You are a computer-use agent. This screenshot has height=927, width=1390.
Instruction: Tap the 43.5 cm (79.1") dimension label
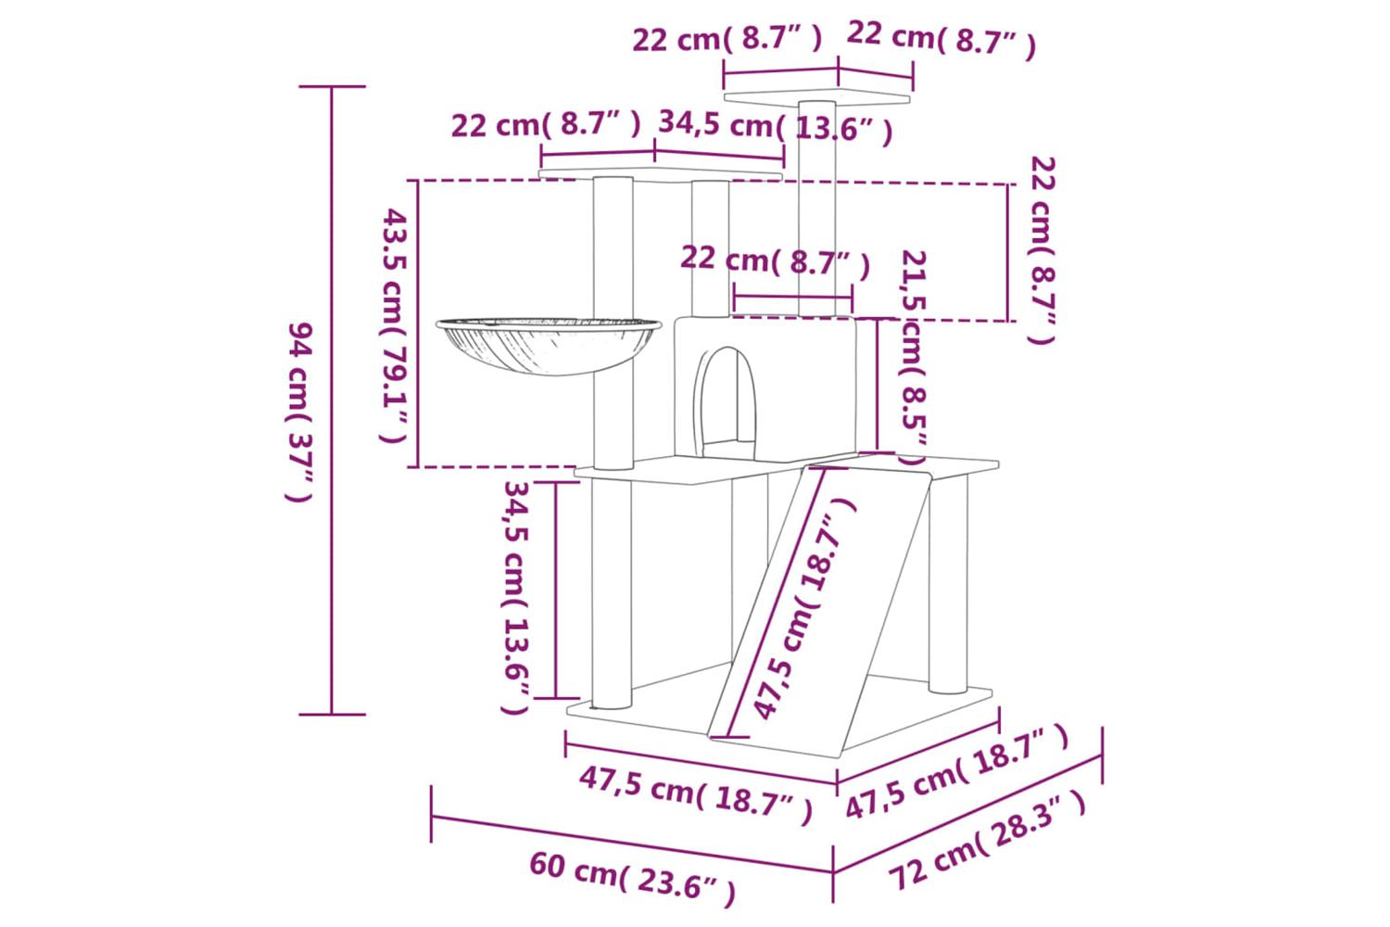point(394,326)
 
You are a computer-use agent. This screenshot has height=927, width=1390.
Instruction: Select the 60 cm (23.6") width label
point(632,879)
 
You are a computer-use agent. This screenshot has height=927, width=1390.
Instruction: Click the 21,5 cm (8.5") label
point(913,357)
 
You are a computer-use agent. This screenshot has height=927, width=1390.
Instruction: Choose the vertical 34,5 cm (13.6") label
point(516,597)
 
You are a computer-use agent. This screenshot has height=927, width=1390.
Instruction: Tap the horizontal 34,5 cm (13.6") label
point(776,127)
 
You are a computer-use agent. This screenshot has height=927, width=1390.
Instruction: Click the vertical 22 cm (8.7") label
point(1042,249)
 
